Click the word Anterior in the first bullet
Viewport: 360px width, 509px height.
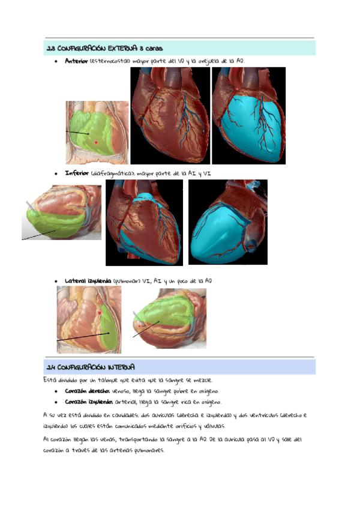point(76,61)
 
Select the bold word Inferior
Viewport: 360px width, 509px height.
point(77,173)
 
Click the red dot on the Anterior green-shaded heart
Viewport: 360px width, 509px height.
point(96,142)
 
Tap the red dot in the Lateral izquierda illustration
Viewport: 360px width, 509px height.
point(100,313)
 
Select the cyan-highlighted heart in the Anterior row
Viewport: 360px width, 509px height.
point(248,115)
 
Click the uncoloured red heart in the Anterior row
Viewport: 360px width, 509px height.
point(170,115)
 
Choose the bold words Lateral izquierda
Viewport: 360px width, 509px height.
point(88,280)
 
